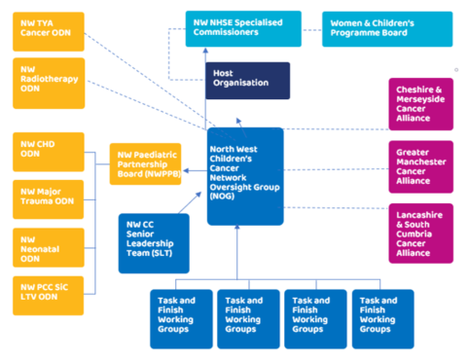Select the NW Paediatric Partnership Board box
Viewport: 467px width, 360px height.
point(144,163)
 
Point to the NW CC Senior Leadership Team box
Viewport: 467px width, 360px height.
point(153,242)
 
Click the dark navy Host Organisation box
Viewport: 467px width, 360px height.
point(247,81)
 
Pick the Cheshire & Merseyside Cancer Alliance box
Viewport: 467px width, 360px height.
point(420,104)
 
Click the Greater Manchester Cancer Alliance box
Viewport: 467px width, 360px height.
point(420,165)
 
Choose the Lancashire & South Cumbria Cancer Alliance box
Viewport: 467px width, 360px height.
point(420,233)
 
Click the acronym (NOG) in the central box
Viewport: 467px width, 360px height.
point(224,197)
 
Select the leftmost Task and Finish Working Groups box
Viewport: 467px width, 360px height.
point(180,317)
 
